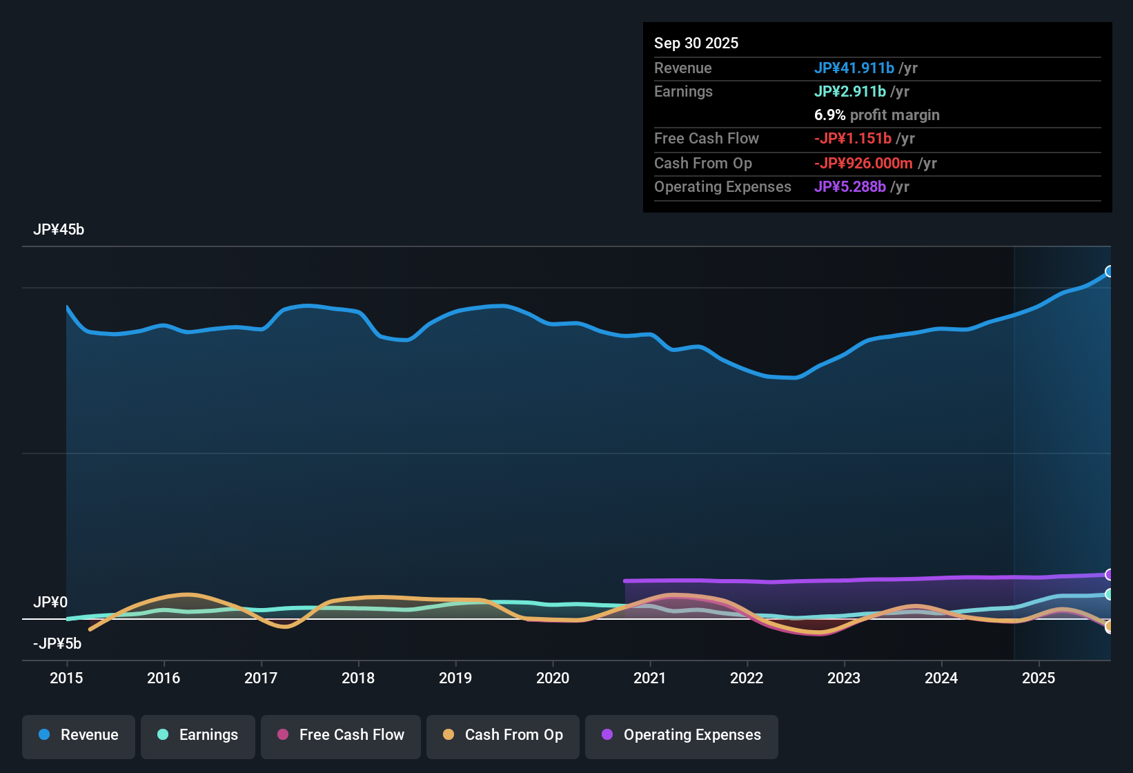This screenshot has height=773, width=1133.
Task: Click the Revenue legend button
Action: coord(79,735)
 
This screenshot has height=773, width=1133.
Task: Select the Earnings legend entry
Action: coord(198,735)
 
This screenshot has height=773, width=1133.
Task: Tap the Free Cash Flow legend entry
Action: coord(341,735)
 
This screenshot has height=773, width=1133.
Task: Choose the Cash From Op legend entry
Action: coord(503,735)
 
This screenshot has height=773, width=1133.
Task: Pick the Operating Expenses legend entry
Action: coord(682,735)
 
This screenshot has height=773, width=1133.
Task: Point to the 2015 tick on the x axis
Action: coord(66,678)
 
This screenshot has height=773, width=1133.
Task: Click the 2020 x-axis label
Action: coord(553,678)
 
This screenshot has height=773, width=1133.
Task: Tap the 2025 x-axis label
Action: coord(1038,678)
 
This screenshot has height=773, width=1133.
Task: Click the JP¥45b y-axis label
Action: coord(59,230)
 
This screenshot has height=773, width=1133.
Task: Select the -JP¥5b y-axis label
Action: coord(57,644)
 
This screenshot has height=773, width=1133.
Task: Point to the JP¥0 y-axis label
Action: coord(50,603)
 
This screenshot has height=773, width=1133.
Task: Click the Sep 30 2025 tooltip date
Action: coord(696,43)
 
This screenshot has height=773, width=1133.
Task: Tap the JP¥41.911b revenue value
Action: coord(854,68)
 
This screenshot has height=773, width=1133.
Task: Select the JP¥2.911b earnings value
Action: coord(850,92)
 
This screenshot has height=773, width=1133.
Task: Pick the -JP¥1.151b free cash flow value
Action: coord(853,139)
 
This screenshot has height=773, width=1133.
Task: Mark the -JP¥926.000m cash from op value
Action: coord(863,164)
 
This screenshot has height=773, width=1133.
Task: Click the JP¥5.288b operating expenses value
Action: coord(850,187)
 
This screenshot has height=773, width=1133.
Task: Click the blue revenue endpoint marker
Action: coord(1109,271)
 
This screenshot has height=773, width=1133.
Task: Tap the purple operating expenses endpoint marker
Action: coord(1109,575)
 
